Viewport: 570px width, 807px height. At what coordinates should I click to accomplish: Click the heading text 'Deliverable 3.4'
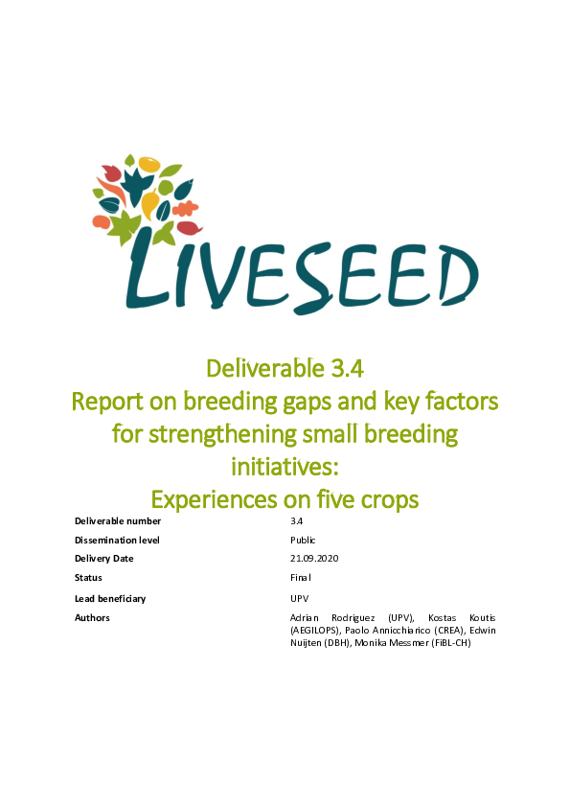coord(285,366)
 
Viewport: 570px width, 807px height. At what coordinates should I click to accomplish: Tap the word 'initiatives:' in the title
coord(285,467)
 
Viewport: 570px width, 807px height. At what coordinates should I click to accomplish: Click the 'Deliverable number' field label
coord(118,521)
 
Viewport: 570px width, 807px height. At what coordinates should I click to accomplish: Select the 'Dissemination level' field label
coord(117,540)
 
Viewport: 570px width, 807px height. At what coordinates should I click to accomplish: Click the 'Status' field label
coord(88,577)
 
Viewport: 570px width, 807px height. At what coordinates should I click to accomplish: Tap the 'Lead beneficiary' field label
coord(110,598)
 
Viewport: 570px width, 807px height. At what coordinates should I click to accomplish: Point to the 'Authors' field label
coord(92,617)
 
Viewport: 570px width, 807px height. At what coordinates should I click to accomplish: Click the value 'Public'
coord(303,540)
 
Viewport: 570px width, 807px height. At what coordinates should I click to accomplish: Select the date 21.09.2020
coord(315,558)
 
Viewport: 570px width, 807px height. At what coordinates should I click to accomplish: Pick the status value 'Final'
coord(301,577)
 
